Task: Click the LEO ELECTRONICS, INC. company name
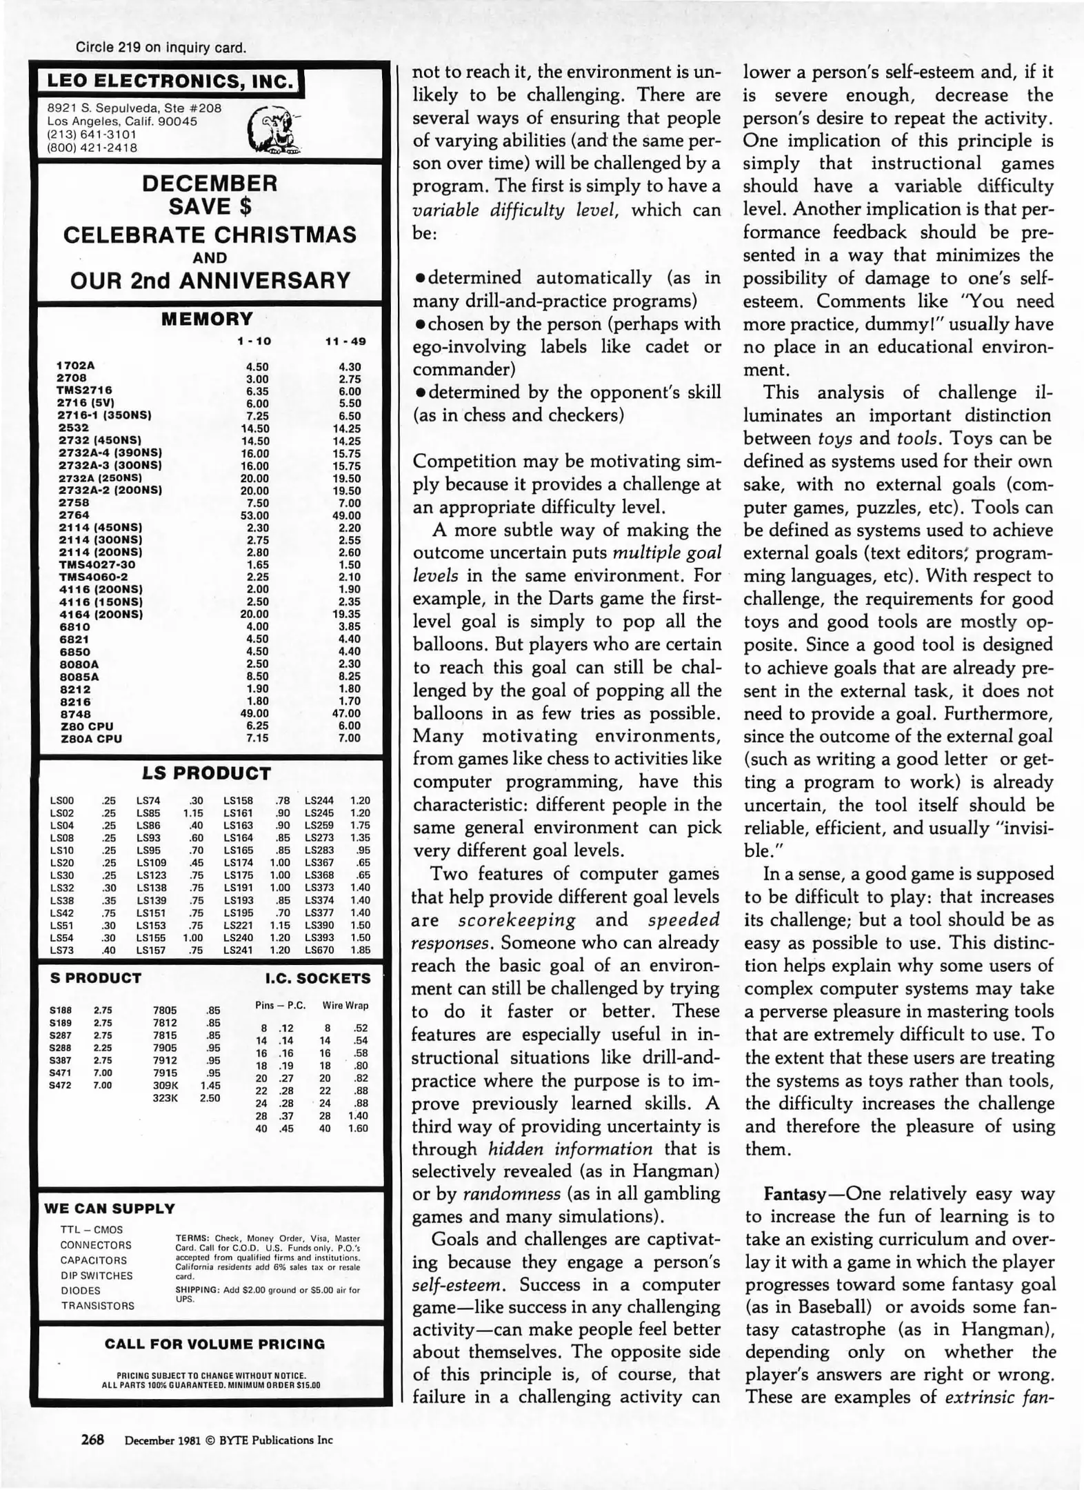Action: click(170, 81)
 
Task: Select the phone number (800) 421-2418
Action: click(92, 148)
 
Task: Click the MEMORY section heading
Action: click(208, 319)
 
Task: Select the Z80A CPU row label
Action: click(90, 738)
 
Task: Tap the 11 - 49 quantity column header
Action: click(345, 341)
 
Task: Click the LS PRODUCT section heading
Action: click(207, 773)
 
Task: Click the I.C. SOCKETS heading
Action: click(318, 978)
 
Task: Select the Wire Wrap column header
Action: click(345, 1005)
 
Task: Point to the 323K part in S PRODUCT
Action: click(165, 1097)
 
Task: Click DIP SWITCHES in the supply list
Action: click(97, 1275)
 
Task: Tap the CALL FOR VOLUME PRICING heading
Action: click(214, 1344)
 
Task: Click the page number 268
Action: click(92, 1440)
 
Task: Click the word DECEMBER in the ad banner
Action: click(210, 183)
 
